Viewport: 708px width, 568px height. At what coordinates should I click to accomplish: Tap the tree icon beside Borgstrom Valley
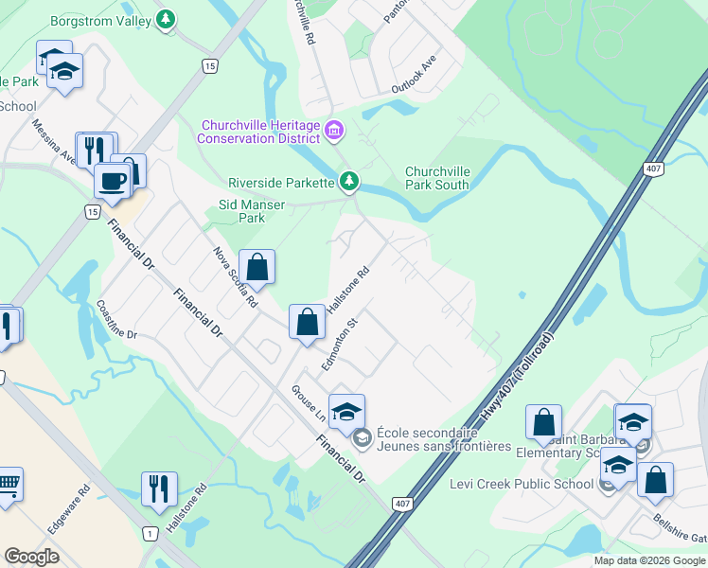(x=167, y=18)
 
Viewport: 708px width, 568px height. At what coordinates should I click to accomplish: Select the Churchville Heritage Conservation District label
(x=258, y=132)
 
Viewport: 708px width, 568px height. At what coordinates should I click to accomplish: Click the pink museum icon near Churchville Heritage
(x=333, y=131)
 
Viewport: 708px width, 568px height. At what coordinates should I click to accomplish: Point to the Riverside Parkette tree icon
(x=349, y=180)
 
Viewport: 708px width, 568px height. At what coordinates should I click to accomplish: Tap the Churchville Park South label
(x=437, y=178)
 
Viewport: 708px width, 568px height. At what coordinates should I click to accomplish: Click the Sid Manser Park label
(x=252, y=210)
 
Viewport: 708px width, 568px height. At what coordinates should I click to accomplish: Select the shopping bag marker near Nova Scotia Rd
(x=257, y=268)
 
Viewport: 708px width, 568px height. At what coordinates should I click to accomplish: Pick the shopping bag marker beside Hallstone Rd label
(x=308, y=323)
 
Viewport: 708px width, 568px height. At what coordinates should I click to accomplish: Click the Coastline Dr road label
(x=117, y=321)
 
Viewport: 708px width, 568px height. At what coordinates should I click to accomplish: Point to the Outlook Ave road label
(x=414, y=73)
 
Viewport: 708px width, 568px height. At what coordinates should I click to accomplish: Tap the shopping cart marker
(x=8, y=486)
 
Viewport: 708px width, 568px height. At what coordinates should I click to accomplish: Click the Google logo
(x=33, y=557)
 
